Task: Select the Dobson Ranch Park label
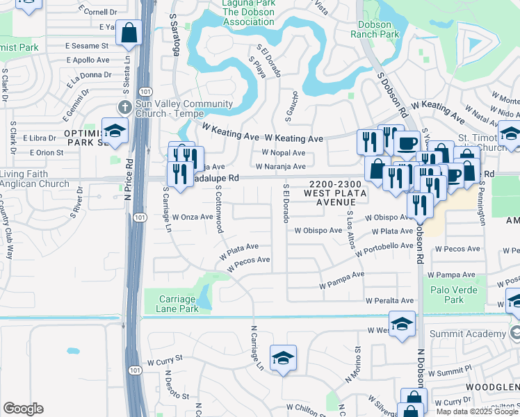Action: pos(375,29)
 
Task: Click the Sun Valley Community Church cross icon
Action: pos(124,107)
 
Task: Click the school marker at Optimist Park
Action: pos(115,131)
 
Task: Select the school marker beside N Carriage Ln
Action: pos(283,358)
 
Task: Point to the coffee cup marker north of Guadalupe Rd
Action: pos(407,143)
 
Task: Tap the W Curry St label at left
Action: pos(164,362)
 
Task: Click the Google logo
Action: pos(23,409)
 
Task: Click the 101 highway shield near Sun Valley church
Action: pos(142,91)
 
